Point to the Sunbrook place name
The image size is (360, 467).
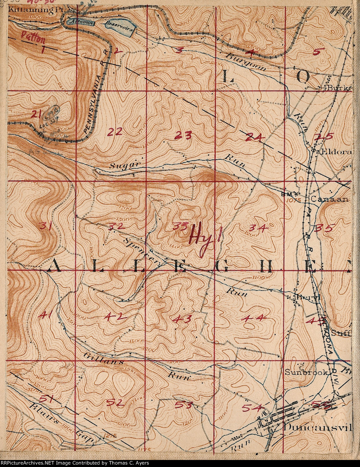[306, 372]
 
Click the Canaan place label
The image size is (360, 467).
[329, 199]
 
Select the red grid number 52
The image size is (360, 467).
[115, 403]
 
